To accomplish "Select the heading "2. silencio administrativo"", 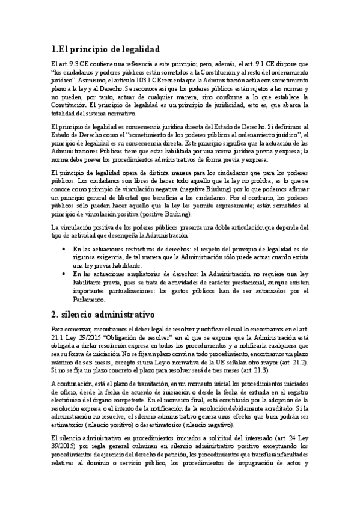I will (x=103, y=313).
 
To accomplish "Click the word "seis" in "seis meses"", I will (x=91, y=363).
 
